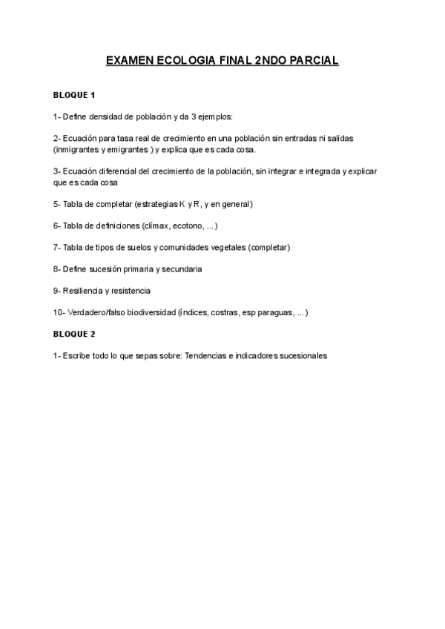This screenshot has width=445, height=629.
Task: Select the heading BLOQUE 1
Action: tap(75, 96)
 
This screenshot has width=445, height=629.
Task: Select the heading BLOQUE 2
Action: tap(75, 334)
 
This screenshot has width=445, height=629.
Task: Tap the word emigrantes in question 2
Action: tap(128, 149)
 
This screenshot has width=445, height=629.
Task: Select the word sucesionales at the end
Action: tap(301, 356)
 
